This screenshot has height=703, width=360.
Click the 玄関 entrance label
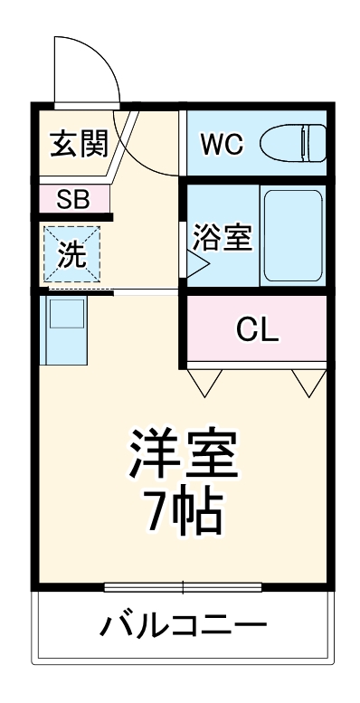click(79, 143)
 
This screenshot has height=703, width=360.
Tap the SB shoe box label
click(72, 199)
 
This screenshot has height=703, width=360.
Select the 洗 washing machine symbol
click(72, 254)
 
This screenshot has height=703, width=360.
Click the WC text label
click(222, 144)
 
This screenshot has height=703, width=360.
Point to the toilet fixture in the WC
click(294, 143)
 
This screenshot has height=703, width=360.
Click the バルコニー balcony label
click(184, 626)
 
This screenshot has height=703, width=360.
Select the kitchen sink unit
click(65, 328)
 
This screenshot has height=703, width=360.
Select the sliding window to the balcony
click(184, 586)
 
